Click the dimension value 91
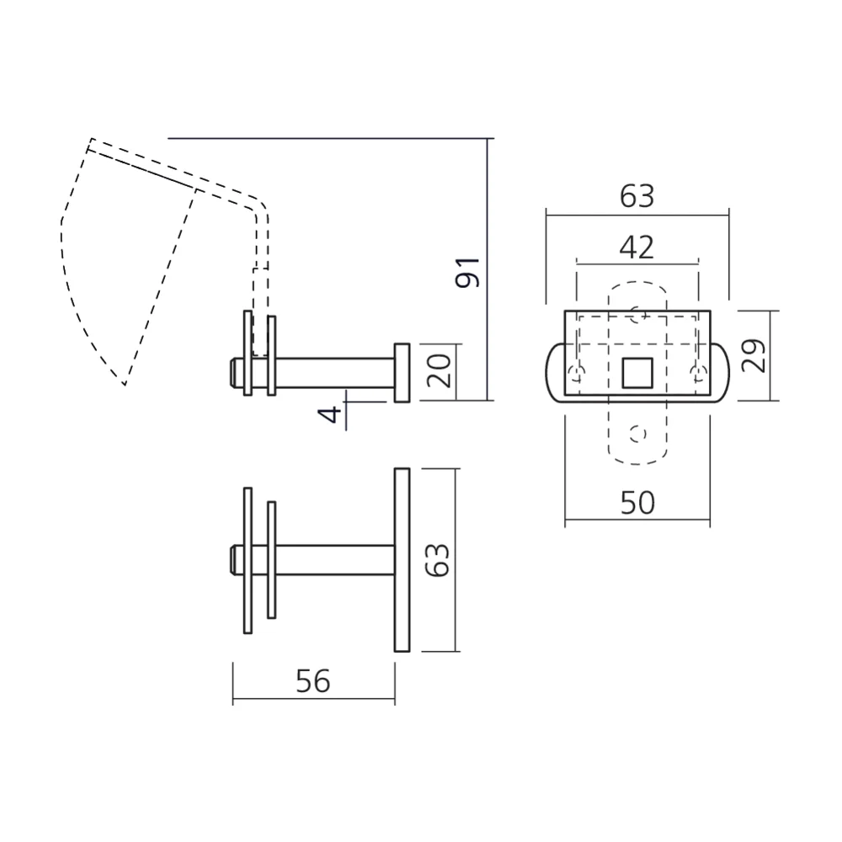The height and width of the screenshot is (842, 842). point(469,271)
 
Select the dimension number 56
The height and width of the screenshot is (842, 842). point(313,681)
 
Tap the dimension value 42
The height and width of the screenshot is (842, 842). point(637,248)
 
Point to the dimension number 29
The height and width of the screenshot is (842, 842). point(754,355)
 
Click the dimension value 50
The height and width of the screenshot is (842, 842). point(637,503)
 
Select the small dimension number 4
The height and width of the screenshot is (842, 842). point(334,413)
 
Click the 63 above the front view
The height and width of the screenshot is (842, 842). point(637,196)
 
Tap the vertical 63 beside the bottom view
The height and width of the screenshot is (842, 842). point(440,559)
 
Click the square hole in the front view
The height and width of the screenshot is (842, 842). point(637,371)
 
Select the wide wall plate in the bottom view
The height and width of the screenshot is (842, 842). point(401,559)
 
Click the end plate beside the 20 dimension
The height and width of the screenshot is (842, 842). point(402,371)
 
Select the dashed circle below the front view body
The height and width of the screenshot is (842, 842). point(637,433)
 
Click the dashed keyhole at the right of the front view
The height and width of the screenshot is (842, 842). point(695,374)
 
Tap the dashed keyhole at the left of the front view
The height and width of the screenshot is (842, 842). point(577,374)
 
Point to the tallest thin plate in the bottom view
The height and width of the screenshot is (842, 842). point(248,559)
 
